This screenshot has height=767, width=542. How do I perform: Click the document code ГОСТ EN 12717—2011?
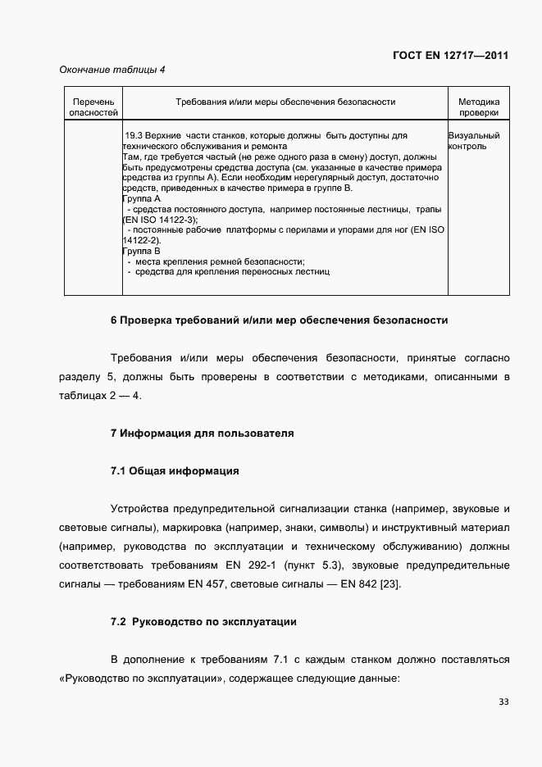450,56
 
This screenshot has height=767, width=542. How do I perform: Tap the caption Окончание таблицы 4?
112,70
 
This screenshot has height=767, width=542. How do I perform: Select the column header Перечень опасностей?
93,107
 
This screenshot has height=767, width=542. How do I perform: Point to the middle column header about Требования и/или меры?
286,102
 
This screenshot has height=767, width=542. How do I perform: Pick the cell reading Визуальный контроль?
473,141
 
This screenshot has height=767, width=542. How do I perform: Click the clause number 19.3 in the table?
134,135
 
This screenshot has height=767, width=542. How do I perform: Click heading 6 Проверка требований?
279,320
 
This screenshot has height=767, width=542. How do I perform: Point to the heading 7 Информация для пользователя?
202,433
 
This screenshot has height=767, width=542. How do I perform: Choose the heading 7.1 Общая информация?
174,471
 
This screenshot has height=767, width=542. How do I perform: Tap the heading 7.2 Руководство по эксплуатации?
203,622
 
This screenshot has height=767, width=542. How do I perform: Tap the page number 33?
503,701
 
